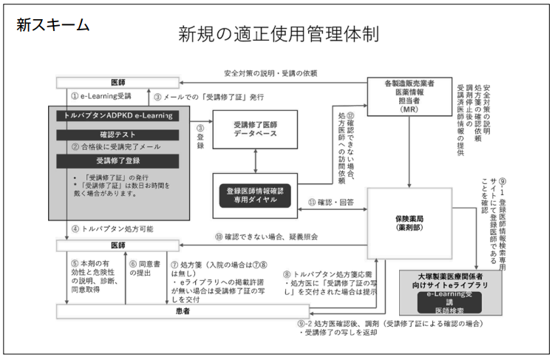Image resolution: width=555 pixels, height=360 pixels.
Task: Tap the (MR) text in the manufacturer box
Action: tap(409, 109)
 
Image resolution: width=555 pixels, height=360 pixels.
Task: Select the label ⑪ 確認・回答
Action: tap(333, 202)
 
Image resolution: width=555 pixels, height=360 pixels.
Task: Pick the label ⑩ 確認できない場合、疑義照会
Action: tap(262, 237)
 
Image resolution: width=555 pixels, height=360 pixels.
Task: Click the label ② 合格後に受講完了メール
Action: tap(116, 146)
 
